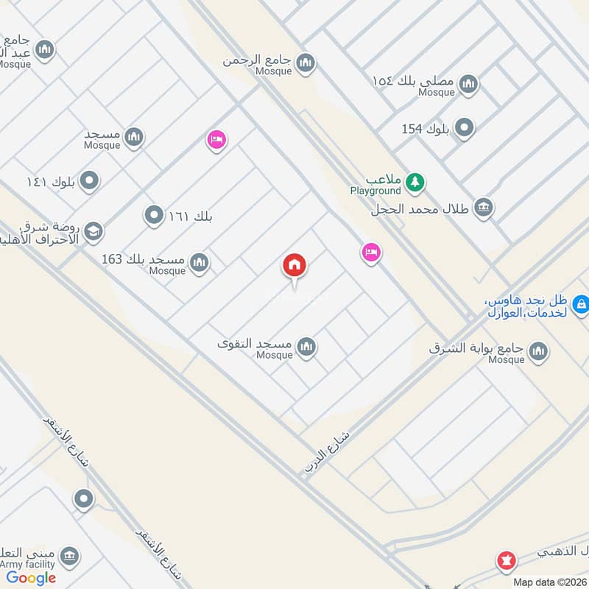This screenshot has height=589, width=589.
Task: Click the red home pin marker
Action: tap(295, 266)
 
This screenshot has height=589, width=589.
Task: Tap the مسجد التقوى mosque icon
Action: tap(306, 346)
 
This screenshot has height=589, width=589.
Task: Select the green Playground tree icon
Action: tap(415, 181)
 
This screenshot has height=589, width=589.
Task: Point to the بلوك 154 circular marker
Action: tap(464, 128)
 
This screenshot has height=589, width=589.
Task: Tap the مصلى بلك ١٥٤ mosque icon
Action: tap(468, 85)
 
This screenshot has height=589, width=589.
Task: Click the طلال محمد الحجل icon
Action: tap(483, 207)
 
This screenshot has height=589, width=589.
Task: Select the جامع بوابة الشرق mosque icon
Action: tap(538, 351)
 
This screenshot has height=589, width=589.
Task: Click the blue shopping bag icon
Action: tap(580, 303)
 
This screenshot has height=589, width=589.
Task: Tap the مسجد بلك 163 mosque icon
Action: tap(199, 262)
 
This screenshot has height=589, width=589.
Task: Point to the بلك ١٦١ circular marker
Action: tap(154, 216)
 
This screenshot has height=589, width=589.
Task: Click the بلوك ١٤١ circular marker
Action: tap(89, 180)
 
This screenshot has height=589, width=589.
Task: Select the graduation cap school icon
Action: tap(93, 233)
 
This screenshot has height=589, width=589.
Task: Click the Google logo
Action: tap(32, 578)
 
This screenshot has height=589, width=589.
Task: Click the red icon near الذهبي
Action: tap(505, 561)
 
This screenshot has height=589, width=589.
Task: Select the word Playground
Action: tap(375, 191)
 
